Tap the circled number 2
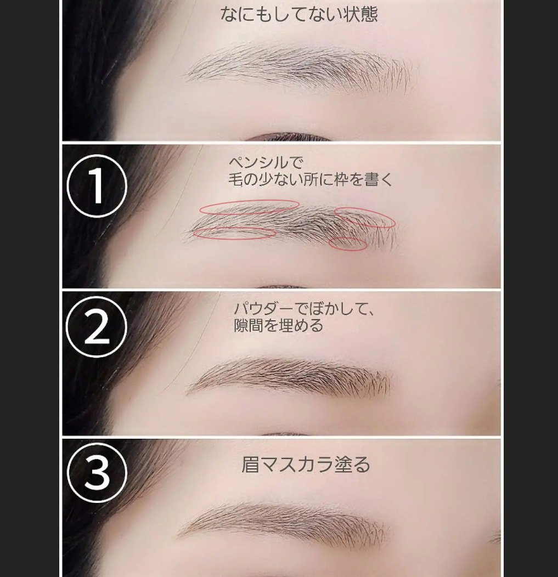[97, 327]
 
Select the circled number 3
[97, 472]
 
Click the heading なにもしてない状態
[299, 15]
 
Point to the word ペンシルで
[266, 162]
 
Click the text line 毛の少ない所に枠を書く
[311, 179]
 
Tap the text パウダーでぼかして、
[304, 309]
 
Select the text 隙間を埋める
[278, 326]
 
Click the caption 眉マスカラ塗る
[306, 465]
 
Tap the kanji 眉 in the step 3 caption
[250, 465]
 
